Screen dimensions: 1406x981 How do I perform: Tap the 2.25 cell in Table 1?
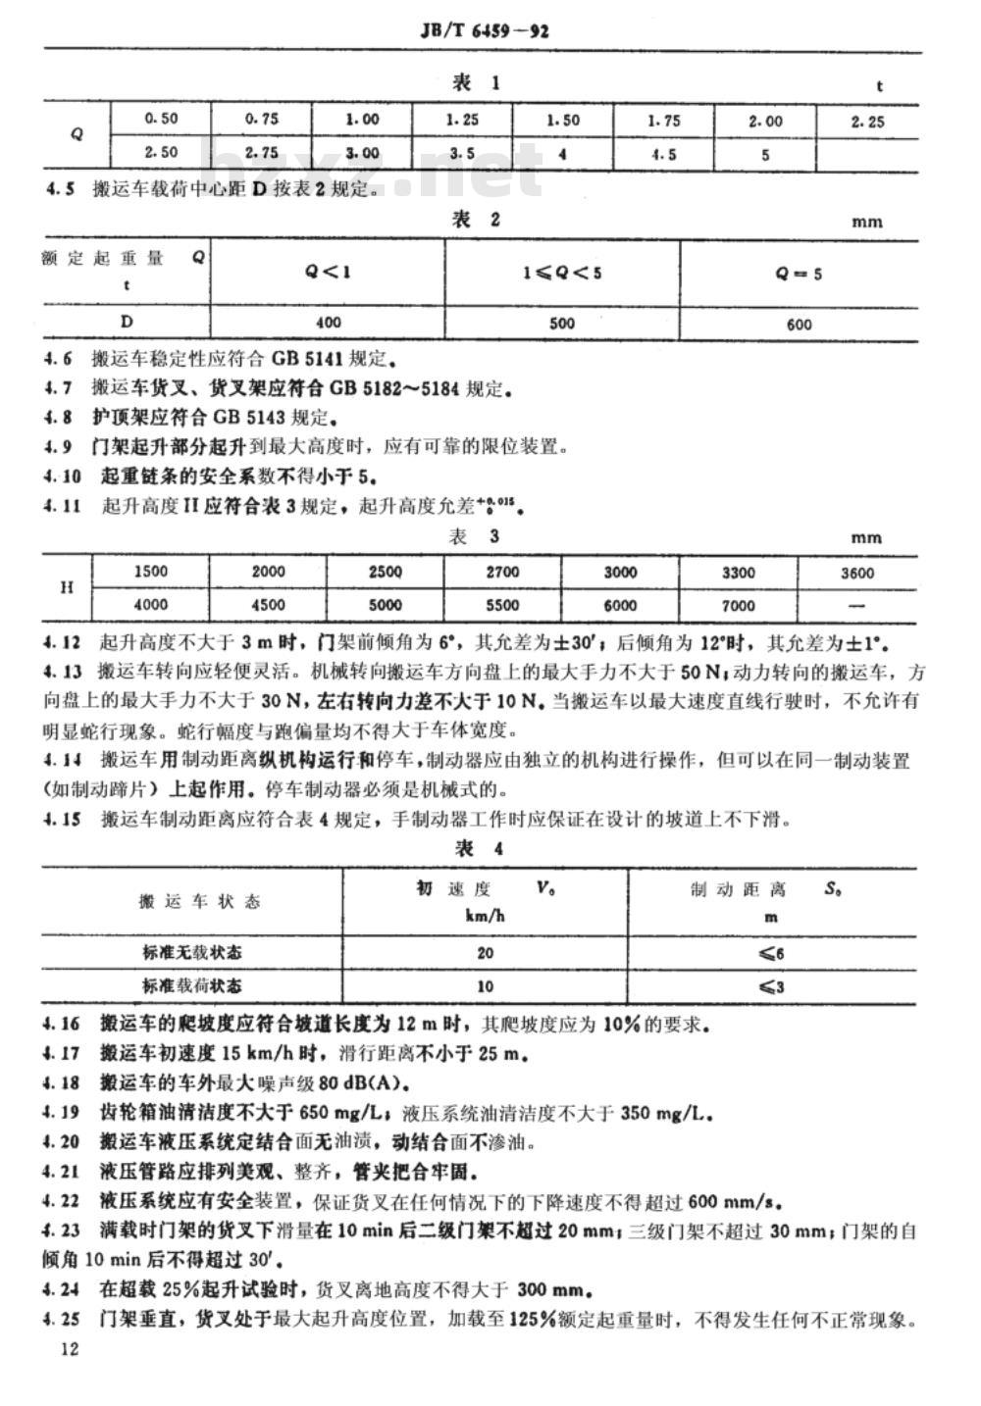(x=867, y=122)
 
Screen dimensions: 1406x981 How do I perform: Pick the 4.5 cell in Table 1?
(x=664, y=154)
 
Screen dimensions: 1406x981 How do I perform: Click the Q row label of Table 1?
(x=77, y=135)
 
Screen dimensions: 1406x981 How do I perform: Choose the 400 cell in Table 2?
(x=329, y=322)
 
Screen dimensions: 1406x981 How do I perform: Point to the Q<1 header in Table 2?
(x=328, y=273)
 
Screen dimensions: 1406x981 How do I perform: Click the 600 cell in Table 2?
(x=799, y=324)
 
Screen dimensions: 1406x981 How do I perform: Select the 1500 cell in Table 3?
(x=150, y=572)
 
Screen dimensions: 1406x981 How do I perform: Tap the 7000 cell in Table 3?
(x=738, y=605)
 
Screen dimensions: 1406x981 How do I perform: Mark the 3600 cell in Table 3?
(x=856, y=573)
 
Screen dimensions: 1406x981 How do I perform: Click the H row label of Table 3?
(x=67, y=588)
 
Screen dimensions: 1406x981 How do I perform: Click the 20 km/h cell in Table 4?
(x=485, y=953)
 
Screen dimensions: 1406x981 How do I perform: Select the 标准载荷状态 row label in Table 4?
(x=192, y=985)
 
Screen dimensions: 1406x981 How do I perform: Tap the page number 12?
(x=69, y=1349)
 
